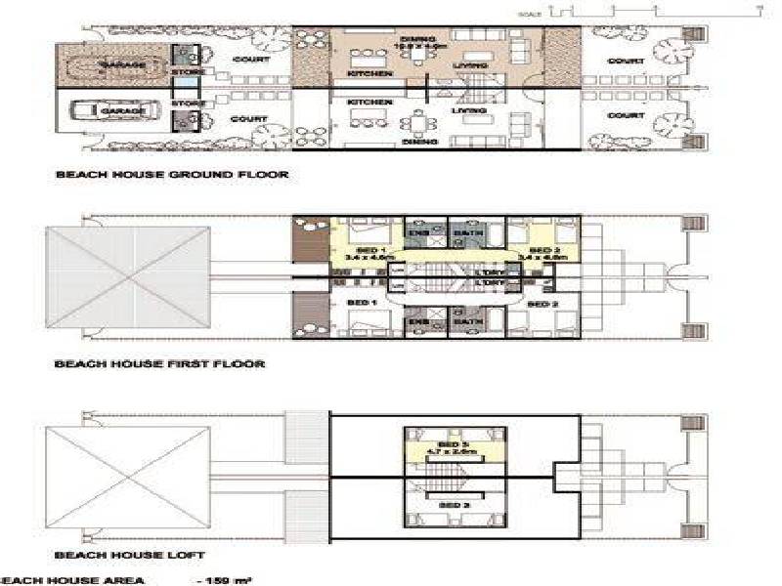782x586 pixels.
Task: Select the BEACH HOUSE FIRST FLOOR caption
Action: click(159, 364)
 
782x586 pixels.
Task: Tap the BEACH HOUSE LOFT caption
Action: click(130, 555)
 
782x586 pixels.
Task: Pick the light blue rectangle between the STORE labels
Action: click(186, 89)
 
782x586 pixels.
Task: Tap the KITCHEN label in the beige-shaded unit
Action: click(371, 74)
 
